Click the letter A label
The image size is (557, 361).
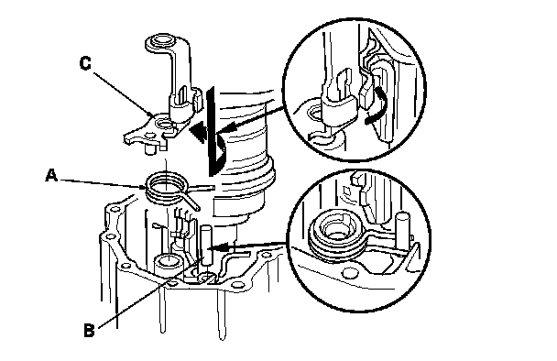coord(51,175)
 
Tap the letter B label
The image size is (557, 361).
coord(89,330)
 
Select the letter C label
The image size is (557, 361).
coord(85,63)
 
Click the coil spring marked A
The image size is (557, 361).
coord(166,189)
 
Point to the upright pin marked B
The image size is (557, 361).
coord(206,246)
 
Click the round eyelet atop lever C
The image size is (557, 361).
coord(163,40)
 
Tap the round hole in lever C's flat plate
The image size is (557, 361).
coord(164,125)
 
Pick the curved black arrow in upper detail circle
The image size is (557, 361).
coord(376,106)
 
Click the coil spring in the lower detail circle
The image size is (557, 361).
coord(335,235)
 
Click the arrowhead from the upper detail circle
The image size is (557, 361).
coord(225,128)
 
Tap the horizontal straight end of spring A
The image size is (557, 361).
coord(202,187)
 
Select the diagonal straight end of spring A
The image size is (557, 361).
coord(193,202)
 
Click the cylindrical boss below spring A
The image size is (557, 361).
coord(169,265)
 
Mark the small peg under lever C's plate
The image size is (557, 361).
coord(151,148)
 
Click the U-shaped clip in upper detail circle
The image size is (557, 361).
coord(339,103)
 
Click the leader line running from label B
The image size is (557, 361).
coord(147,296)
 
